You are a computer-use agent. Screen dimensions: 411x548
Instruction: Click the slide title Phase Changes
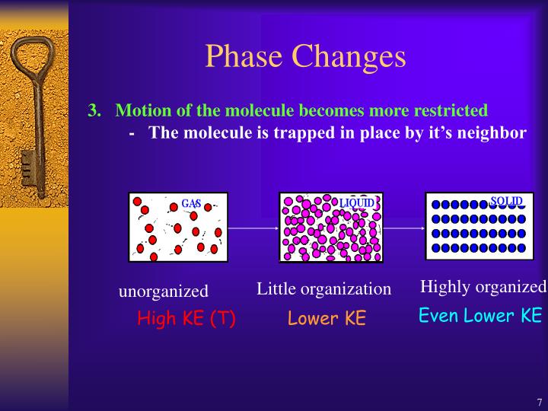click(305, 56)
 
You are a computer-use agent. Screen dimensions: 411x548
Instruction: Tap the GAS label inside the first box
click(190, 204)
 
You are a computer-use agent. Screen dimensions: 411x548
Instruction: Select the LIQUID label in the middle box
click(357, 202)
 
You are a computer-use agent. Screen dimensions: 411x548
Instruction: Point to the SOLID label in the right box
click(506, 202)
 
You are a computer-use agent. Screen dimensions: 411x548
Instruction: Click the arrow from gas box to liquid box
click(253, 228)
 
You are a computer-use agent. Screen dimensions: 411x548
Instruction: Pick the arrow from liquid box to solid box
click(403, 228)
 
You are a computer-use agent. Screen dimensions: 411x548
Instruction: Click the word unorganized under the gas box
click(163, 292)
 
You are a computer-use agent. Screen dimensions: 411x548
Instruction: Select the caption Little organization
click(323, 289)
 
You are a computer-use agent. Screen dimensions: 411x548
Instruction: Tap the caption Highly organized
click(483, 287)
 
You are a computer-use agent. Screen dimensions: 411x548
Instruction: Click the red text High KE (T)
click(186, 318)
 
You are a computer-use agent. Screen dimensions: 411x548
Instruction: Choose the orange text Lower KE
click(327, 318)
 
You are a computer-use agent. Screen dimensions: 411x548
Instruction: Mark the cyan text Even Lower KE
click(480, 315)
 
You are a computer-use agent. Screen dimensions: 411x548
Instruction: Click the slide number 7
click(539, 403)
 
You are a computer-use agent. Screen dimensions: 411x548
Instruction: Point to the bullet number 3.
click(94, 110)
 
